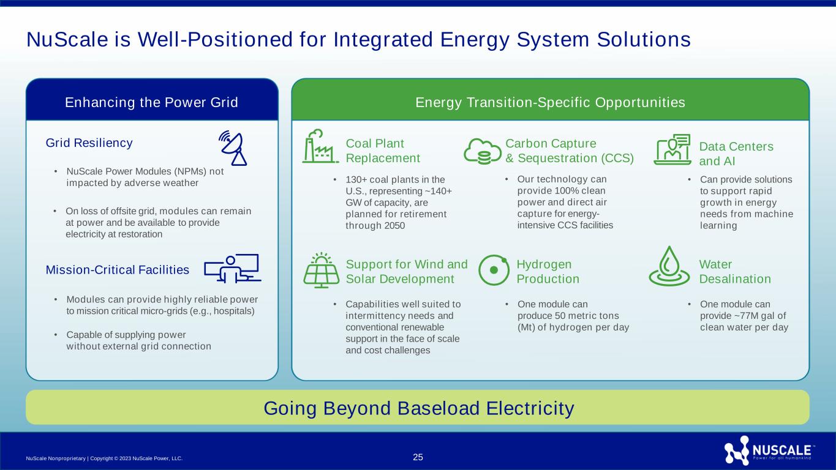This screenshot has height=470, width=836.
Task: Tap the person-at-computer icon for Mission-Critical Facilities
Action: click(x=232, y=269)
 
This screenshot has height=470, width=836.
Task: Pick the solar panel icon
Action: click(x=321, y=270)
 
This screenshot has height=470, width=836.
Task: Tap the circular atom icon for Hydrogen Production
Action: click(x=493, y=270)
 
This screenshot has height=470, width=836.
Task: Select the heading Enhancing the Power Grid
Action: click(x=151, y=102)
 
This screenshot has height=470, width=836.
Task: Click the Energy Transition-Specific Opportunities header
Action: click(x=550, y=102)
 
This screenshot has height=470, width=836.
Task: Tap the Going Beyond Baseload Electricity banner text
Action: click(x=418, y=408)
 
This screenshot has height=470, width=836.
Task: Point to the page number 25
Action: click(x=418, y=457)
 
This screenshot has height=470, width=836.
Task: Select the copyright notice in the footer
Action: click(x=105, y=458)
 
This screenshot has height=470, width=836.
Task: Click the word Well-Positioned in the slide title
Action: click(x=198, y=40)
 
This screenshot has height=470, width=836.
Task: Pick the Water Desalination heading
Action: click(x=734, y=272)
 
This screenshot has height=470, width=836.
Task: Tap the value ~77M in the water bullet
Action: click(x=739, y=316)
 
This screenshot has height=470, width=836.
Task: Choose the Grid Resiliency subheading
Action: click(x=89, y=143)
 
